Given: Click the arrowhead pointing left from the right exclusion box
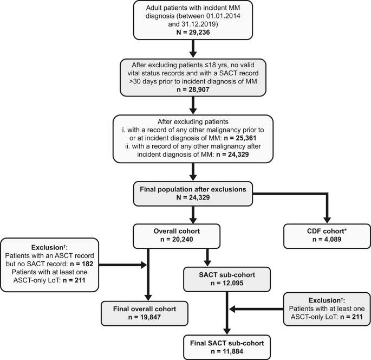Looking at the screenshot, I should click(232, 309).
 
